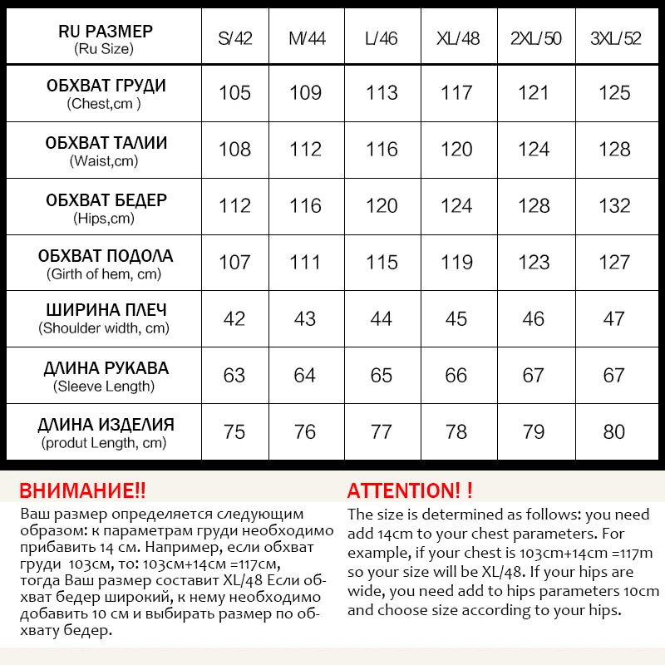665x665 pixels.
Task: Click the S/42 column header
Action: click(234, 38)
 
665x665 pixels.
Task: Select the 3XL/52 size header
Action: click(613, 38)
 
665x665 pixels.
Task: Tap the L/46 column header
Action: click(382, 38)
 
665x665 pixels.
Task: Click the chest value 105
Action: click(234, 93)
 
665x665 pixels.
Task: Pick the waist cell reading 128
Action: click(613, 150)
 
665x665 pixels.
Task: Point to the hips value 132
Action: click(613, 206)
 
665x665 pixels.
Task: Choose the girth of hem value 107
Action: click(234, 263)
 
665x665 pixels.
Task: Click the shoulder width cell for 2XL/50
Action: click(534, 319)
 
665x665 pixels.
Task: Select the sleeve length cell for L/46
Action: click(382, 376)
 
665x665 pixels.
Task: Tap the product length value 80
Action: click(613, 432)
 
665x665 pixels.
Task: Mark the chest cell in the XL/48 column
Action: click(456, 93)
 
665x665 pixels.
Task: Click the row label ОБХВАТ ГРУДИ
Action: click(106, 86)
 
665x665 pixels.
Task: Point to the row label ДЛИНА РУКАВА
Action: click(106, 368)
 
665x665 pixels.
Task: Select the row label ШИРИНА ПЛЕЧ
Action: click(106, 311)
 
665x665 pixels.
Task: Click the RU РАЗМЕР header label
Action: click(106, 32)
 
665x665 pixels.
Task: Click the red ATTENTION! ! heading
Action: click(410, 490)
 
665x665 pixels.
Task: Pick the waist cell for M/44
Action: click(305, 150)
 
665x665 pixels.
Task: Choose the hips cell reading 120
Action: click(382, 206)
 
